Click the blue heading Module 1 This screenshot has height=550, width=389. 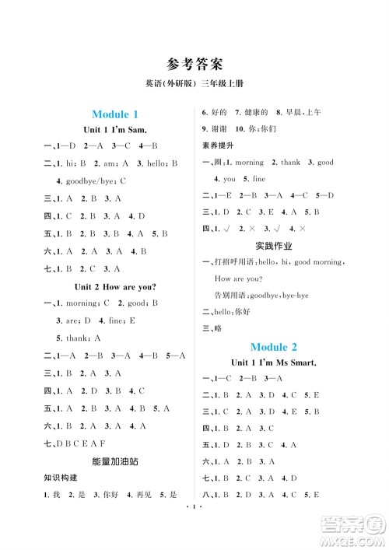115,114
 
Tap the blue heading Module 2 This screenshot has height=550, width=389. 275,346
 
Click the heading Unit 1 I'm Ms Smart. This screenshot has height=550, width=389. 275,363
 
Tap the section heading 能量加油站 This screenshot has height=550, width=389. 114,461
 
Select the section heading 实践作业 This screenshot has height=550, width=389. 275,246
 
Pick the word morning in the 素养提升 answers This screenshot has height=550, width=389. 249,163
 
